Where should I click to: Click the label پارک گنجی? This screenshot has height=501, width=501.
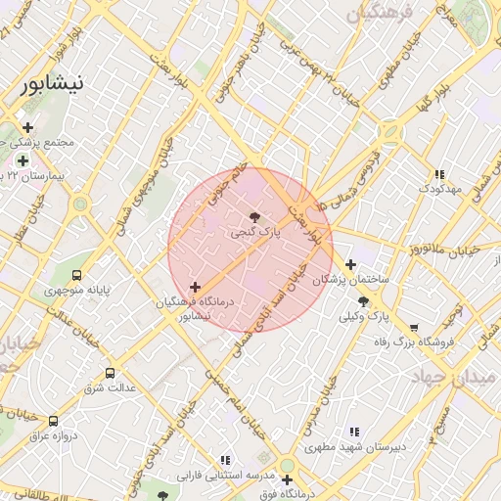[x=255, y=234]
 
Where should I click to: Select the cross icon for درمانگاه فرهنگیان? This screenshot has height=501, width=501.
[x=196, y=288]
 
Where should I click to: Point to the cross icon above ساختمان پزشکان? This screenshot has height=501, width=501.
[x=351, y=263]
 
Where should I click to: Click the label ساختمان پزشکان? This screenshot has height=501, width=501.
[x=350, y=280]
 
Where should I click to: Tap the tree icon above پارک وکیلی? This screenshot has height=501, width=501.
[x=364, y=301]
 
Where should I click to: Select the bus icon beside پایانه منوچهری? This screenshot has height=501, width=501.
[x=77, y=276]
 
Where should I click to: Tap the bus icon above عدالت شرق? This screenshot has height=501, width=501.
[x=110, y=373]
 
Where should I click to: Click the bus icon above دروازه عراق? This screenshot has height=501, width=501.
[x=53, y=421]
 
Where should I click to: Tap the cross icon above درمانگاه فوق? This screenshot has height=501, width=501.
[x=287, y=479]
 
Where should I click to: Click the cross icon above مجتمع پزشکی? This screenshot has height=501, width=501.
[x=28, y=127]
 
